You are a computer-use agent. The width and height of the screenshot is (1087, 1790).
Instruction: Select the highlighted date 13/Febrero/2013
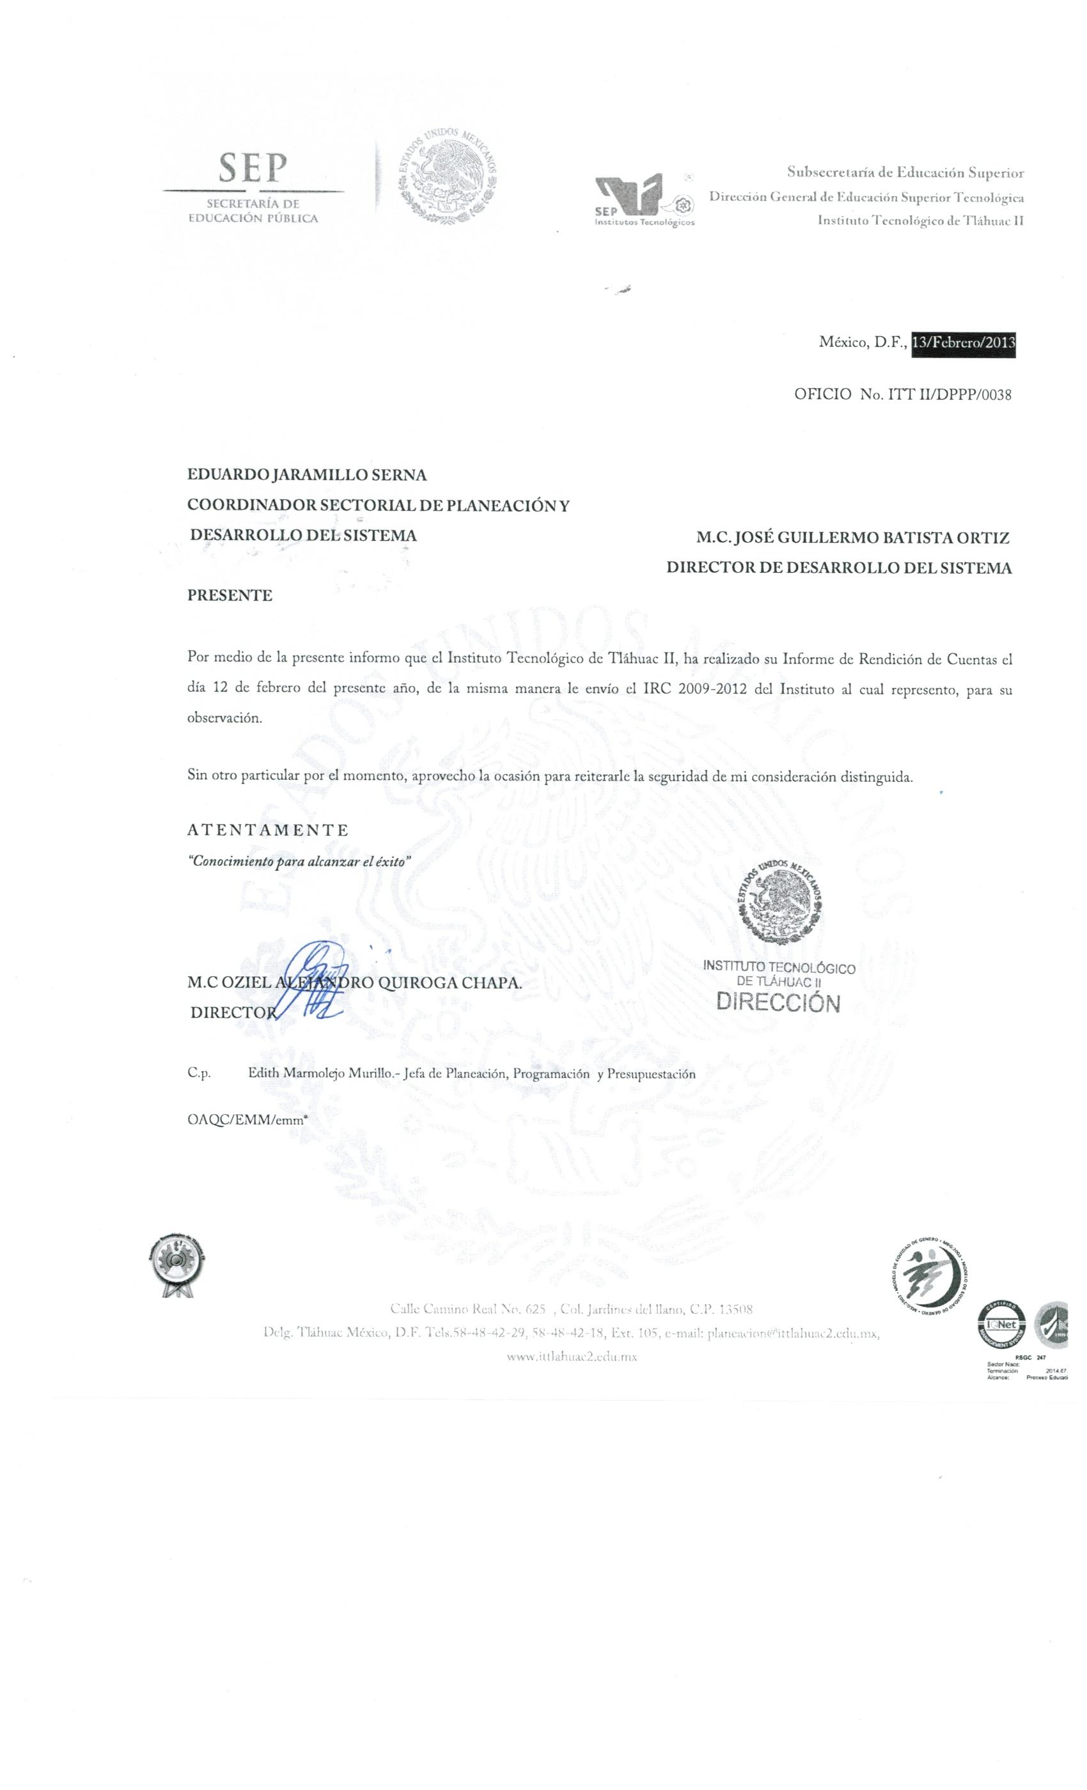coord(962,344)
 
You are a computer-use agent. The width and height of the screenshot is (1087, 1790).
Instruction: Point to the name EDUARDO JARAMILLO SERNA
coord(308,475)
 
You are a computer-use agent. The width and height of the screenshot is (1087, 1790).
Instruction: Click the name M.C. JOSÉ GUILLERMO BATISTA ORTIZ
coord(852,538)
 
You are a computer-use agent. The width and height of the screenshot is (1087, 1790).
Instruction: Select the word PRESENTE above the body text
coord(230,596)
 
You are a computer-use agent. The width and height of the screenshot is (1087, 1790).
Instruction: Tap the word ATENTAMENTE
coord(267,830)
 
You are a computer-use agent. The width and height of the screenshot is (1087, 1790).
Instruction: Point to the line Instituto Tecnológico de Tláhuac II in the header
coord(921,220)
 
